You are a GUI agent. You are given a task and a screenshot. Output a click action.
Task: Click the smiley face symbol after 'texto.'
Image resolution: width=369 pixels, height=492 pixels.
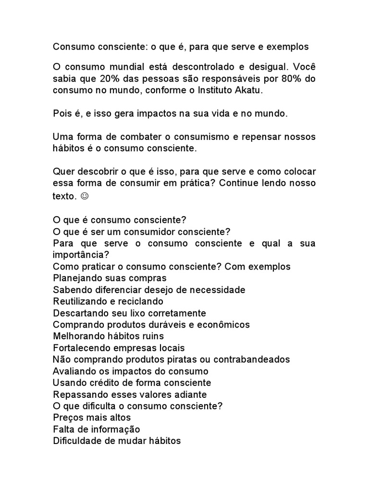(x=85, y=196)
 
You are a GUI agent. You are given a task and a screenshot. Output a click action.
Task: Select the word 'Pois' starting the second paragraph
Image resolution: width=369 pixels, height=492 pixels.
(x=62, y=114)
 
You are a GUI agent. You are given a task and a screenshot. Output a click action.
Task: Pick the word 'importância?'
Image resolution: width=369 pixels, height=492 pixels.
(x=81, y=255)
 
